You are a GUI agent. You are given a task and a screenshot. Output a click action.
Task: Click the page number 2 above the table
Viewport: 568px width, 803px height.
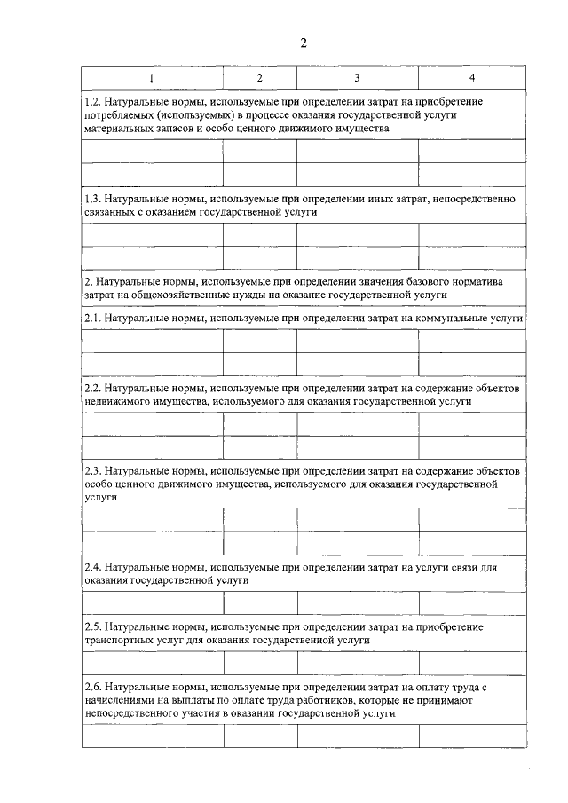click(x=303, y=44)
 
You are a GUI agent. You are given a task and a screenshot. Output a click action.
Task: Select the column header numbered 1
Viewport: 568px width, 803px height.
click(x=151, y=78)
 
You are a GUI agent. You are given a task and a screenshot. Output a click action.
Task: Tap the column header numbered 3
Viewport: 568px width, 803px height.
click(x=357, y=78)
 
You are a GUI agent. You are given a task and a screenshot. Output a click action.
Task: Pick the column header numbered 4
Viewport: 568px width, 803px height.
click(x=472, y=78)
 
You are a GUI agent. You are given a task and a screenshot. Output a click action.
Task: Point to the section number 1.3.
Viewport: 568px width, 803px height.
click(x=92, y=200)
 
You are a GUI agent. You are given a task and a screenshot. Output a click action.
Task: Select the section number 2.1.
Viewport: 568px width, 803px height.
click(x=92, y=317)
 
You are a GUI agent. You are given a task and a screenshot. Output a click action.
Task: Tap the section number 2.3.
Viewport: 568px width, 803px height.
click(x=92, y=471)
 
